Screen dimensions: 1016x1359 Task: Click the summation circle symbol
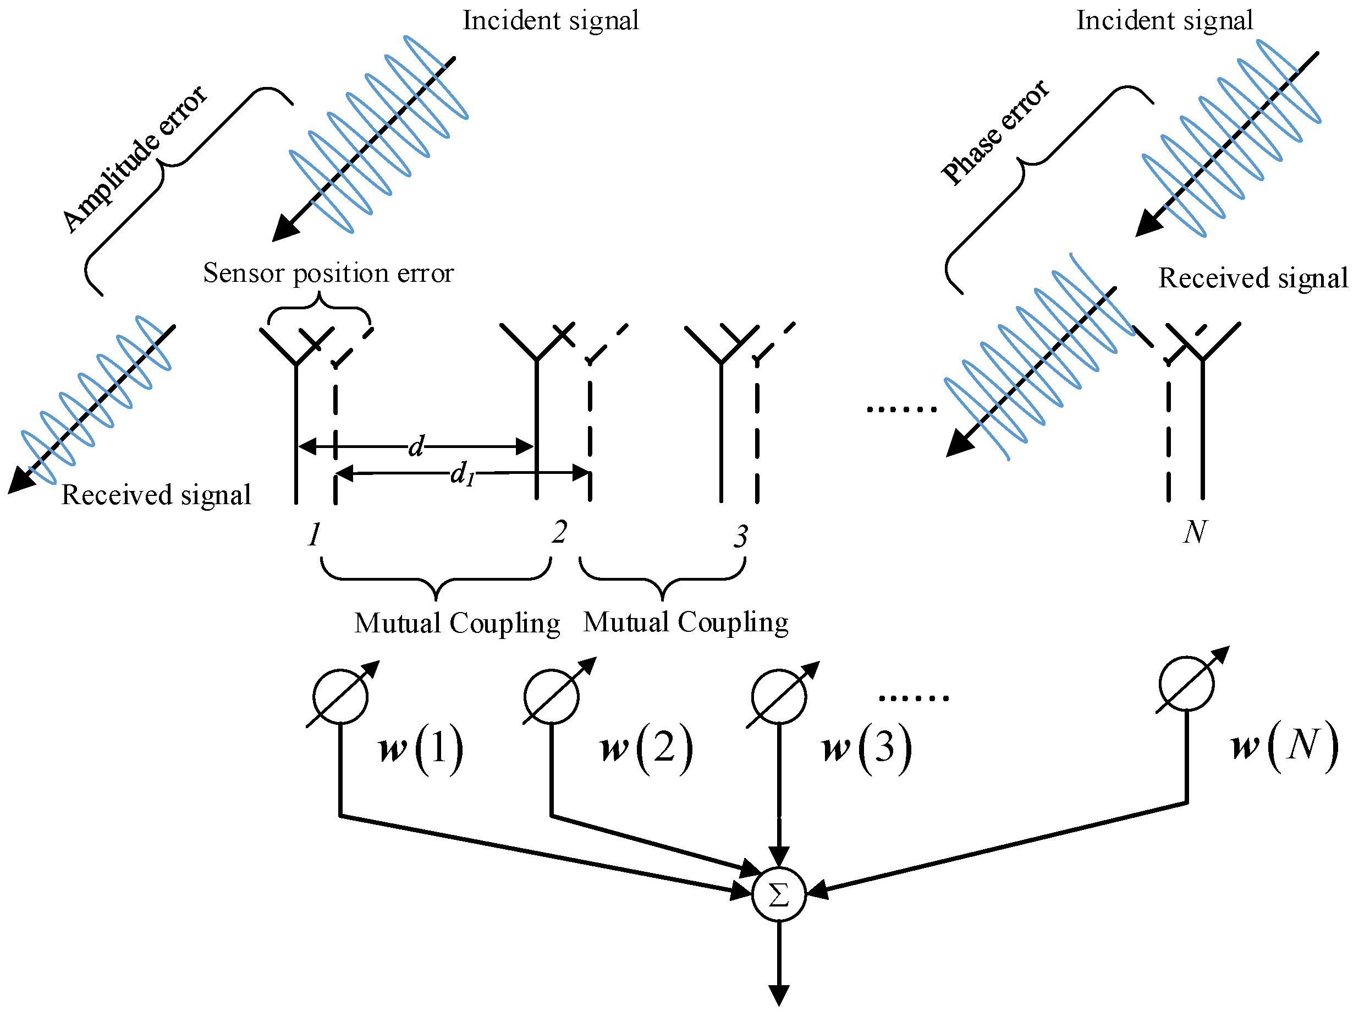(778, 895)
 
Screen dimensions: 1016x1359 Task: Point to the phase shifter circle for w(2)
(551, 696)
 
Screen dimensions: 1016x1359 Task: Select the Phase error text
(995, 132)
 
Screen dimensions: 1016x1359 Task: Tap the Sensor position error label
(328, 273)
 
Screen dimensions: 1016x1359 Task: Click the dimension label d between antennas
(416, 446)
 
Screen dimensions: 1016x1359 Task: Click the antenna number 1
(314, 533)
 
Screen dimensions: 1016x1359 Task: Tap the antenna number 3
(741, 536)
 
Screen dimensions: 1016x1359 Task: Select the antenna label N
(1195, 532)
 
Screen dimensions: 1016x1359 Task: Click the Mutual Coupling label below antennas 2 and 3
(686, 622)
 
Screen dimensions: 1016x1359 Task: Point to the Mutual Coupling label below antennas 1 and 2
(457, 623)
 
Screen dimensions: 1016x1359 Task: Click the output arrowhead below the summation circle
(778, 995)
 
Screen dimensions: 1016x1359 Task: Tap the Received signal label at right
(1253, 278)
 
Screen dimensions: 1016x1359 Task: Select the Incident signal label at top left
(551, 20)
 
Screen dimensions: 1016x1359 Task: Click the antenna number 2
(559, 532)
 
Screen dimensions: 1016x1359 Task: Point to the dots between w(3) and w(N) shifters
(914, 698)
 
